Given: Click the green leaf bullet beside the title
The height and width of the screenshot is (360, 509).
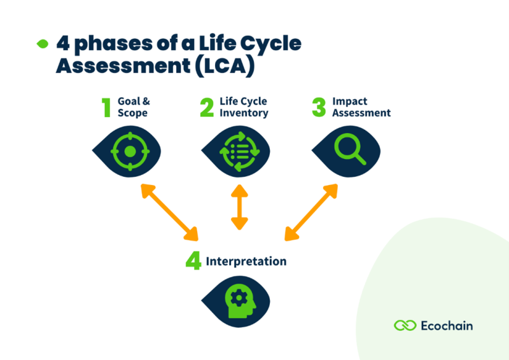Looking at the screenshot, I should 43,44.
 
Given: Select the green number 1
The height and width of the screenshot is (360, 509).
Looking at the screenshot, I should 106,107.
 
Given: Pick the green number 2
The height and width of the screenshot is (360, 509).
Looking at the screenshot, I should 207,107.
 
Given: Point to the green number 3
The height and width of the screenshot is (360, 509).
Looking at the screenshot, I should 319,107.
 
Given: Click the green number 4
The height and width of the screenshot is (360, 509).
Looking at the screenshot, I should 193,261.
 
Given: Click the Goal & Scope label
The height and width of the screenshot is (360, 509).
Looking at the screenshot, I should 133,107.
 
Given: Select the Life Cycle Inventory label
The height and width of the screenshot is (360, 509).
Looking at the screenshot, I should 244,107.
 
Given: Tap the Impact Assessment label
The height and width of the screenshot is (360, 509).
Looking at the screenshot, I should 361,107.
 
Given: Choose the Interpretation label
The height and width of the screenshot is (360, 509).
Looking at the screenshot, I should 246,261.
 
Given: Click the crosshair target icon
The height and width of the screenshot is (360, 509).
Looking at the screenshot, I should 129,151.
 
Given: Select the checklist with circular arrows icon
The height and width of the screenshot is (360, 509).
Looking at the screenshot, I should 238,152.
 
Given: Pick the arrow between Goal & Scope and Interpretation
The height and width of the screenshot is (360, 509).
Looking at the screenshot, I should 169,212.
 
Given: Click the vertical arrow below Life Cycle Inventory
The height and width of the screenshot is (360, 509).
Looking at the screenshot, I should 239,207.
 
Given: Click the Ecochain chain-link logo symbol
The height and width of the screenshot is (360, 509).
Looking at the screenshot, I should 405,326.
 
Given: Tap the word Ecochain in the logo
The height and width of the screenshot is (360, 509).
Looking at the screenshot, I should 447,326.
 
